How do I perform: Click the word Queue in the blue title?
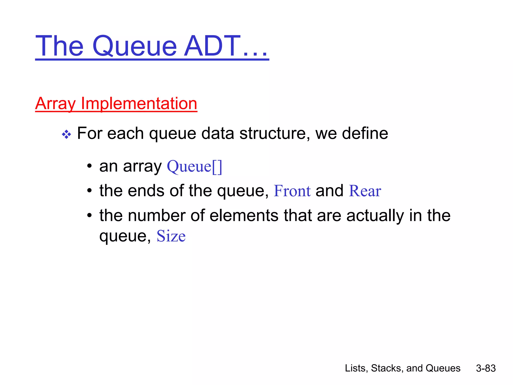(135, 46)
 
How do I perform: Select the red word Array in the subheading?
(55, 104)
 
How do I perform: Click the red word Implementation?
(139, 104)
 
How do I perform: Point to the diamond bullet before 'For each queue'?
(66, 135)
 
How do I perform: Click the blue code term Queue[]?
(194, 166)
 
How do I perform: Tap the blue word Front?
(292, 191)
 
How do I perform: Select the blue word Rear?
(365, 191)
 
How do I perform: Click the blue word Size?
(171, 236)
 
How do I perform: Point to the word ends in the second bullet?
(146, 191)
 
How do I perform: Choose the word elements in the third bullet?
(244, 215)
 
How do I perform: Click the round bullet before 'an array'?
(89, 166)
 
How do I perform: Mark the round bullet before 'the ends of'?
(89, 191)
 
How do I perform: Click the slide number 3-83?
(486, 368)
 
